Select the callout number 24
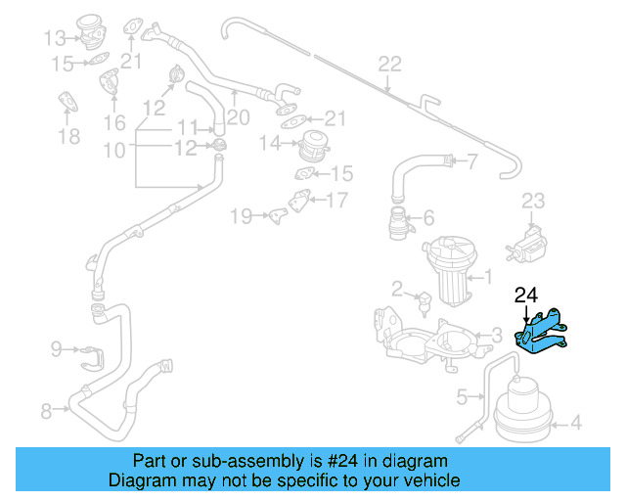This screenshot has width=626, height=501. click(526, 294)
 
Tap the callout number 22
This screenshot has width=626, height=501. click(389, 65)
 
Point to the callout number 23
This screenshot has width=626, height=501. click(532, 202)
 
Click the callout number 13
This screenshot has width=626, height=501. click(54, 38)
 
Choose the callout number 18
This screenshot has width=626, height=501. click(68, 135)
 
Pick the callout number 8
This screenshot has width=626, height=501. click(46, 411)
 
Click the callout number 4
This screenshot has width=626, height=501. click(575, 423)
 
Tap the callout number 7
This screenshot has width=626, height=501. click(471, 161)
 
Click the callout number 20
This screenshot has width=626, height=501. click(239, 117)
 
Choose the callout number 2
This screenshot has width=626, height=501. click(397, 289)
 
